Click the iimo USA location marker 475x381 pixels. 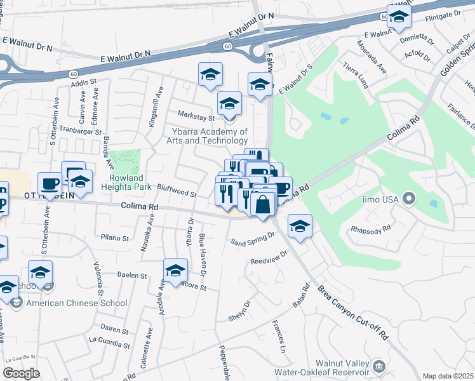[408, 200]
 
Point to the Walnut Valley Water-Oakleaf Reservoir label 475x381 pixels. [321, 367]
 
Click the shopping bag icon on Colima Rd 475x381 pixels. [262, 205]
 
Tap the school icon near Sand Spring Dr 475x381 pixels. [300, 226]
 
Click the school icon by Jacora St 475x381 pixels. [175, 271]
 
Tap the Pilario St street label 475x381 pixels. [115, 238]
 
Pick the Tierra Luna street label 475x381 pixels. [356, 77]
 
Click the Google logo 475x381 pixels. [21, 373]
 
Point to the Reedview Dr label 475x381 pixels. [269, 257]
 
